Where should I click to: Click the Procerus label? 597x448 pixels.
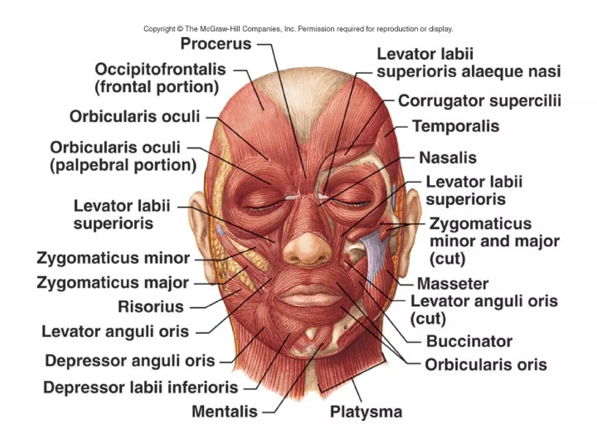[216, 44]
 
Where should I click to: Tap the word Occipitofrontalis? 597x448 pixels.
[160, 70]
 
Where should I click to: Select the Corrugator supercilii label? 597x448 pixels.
[479, 101]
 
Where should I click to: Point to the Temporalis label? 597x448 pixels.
[456, 126]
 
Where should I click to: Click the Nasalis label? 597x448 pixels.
[447, 158]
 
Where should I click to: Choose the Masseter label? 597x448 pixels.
[452, 284]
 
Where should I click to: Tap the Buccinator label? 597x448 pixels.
[469, 341]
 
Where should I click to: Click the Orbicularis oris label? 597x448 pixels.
[486, 365]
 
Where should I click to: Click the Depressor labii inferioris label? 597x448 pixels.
[141, 388]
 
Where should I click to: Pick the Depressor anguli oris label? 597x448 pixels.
[130, 361]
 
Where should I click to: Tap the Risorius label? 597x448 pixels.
[151, 307]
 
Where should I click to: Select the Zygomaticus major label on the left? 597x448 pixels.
[113, 283]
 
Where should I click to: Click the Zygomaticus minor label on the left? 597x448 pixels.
[113, 258]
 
